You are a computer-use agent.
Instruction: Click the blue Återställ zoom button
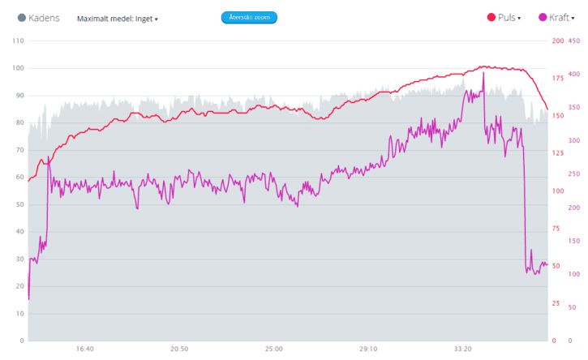pyautogui.click(x=249, y=17)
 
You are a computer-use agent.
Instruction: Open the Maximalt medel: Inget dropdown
pyautogui.click(x=118, y=18)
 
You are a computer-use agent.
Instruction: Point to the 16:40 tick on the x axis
pyautogui.click(x=84, y=349)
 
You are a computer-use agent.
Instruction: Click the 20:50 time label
pyautogui.click(x=179, y=349)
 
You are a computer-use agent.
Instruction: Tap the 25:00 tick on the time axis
pyautogui.click(x=273, y=349)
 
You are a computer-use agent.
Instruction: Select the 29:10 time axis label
pyautogui.click(x=368, y=349)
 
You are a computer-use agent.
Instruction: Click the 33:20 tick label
pyautogui.click(x=462, y=349)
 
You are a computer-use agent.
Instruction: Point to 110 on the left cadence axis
pyautogui.click(x=16, y=41)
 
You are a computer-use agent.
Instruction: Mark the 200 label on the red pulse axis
pyautogui.click(x=557, y=41)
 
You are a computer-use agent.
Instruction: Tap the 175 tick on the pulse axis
pyautogui.click(x=557, y=78)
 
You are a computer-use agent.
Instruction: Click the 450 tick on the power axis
pyautogui.click(x=575, y=41)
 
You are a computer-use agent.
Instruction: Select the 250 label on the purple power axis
pyautogui.click(x=575, y=174)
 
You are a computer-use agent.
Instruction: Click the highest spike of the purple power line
pyautogui.click(x=483, y=73)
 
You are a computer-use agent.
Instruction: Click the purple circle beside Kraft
pyautogui.click(x=543, y=17)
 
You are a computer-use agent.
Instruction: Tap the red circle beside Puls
pyautogui.click(x=491, y=17)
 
